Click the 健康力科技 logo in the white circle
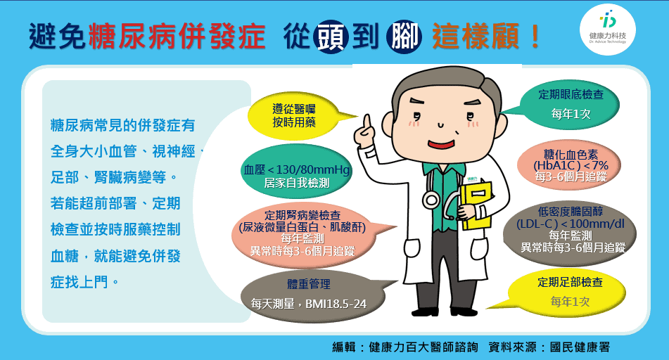coord(608,29)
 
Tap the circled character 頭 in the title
coord(331,36)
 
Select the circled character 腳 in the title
coord(404,36)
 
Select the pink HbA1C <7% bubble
coord(569,165)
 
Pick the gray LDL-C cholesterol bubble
coord(570,230)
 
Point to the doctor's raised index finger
coord(366,122)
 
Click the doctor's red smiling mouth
coord(441,144)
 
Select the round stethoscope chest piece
coord(431,200)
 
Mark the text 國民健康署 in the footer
coord(580,347)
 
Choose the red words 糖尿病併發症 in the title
coord(177,37)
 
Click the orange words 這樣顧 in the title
coord(476,37)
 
